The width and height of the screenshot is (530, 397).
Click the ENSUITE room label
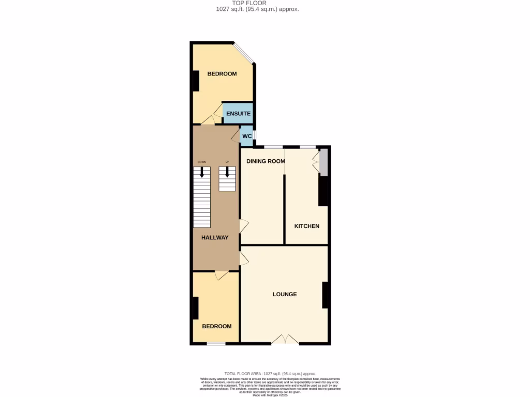238,114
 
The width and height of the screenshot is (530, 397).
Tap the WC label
247,136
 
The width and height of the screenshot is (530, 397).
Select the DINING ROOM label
266,161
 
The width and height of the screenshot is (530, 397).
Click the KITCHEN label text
306,226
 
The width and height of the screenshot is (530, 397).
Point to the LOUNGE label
285,295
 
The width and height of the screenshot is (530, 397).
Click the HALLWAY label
215,238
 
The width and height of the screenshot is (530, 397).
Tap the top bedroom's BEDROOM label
222,74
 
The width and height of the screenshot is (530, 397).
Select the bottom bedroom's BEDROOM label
216,327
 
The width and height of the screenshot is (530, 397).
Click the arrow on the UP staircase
226,172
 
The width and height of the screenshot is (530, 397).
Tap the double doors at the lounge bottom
285,340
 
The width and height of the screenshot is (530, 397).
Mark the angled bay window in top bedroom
243,54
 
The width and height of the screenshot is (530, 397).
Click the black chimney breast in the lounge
326,295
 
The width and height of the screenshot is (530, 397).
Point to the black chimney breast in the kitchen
323,190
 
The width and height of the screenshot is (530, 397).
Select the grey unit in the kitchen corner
323,162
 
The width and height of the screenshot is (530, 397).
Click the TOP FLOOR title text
249,3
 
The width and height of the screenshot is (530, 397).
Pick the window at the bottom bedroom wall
216,343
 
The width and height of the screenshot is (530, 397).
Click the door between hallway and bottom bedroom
222,275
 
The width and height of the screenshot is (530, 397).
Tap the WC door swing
235,136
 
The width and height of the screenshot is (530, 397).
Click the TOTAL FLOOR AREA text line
269,374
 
